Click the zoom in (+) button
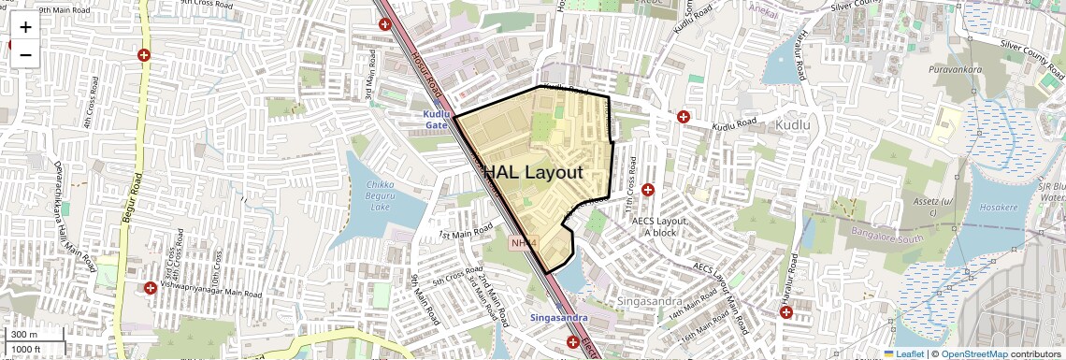[25, 26]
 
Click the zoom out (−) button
[25, 54]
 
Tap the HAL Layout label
[533, 172]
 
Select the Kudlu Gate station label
[437, 119]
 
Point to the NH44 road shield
[525, 243]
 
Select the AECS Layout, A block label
[659, 226]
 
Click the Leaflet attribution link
[903, 354]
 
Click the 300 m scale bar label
[23, 335]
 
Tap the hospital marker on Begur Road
[144, 55]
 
